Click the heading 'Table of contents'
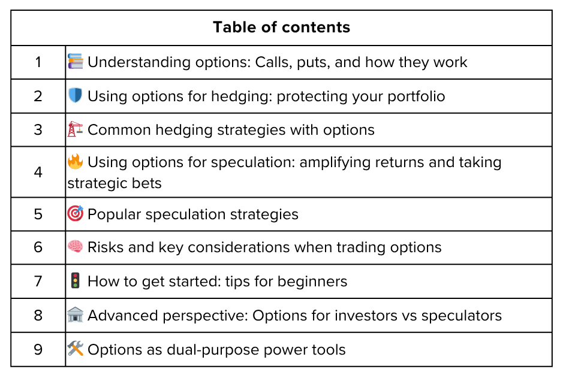pyautogui.click(x=281, y=28)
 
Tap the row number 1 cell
pyautogui.click(x=38, y=62)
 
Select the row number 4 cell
pyautogui.click(x=38, y=173)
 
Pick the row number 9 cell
pyautogui.click(x=38, y=350)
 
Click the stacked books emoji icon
pyautogui.click(x=76, y=62)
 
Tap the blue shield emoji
pyautogui.click(x=76, y=96)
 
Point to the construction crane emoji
pyautogui.click(x=76, y=129)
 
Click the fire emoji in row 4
pyautogui.click(x=76, y=162)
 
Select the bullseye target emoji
pyautogui.click(x=76, y=214)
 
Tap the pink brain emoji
pyautogui.click(x=76, y=247)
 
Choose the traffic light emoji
pyautogui.click(x=76, y=281)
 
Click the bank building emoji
pyautogui.click(x=76, y=315)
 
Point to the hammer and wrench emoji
pyautogui.click(x=76, y=349)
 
